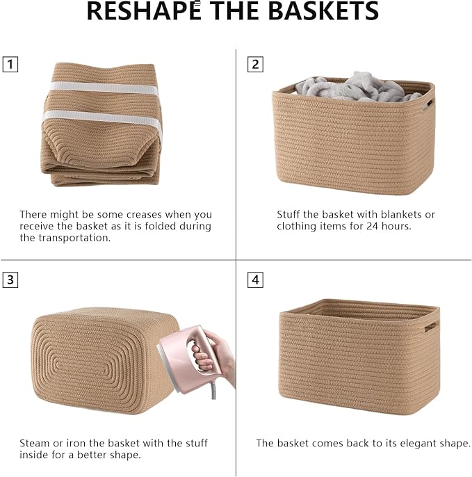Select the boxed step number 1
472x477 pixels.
pyautogui.click(x=10, y=65)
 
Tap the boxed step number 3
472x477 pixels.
pyautogui.click(x=10, y=280)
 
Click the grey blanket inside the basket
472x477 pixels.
pyautogui.click(x=355, y=86)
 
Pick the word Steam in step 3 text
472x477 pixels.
pyautogui.click(x=34, y=443)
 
